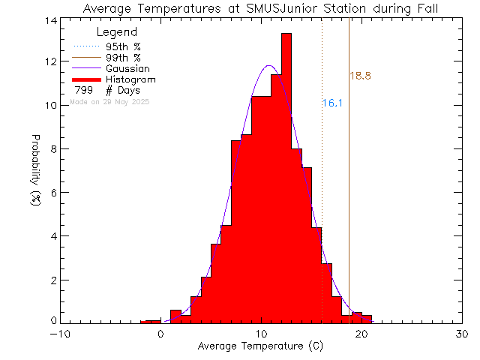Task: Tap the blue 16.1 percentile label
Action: (332, 103)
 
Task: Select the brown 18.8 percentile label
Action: (360, 76)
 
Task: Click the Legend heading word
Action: (118, 32)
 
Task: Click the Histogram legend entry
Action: (130, 79)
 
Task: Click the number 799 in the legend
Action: (84, 90)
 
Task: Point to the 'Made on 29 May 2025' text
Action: (109, 100)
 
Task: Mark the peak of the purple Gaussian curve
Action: (269, 66)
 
